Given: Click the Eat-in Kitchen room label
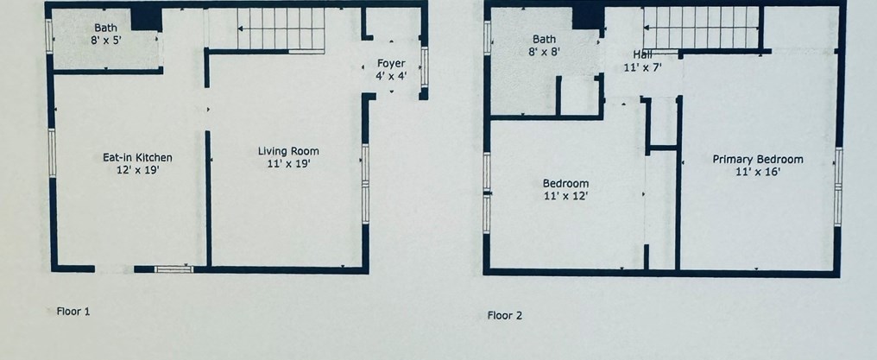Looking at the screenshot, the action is pos(137,158).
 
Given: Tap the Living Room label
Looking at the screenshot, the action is pos(288,151).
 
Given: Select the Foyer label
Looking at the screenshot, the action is pos(391,63).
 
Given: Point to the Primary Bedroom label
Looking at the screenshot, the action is pos(757,160).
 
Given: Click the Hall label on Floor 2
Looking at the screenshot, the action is pos(642,54).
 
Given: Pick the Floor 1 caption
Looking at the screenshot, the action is pos(73,312).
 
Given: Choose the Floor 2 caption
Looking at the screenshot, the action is pos(504,315).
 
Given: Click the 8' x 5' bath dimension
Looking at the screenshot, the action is pos(105,41).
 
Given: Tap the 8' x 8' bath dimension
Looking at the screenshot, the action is pos(544,52).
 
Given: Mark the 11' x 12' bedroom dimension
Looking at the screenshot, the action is pos(565,196).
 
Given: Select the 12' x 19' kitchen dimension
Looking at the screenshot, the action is pos(137,170).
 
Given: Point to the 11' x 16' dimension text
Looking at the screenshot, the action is pos(758,172).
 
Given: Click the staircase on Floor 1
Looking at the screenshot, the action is pos(281,28).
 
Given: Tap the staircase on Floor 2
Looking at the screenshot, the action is pos(702,28).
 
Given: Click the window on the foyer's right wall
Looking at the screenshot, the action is pos(425,67).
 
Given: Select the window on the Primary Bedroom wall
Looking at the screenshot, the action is pos(838,186).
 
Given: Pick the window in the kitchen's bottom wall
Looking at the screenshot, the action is pos(174,269).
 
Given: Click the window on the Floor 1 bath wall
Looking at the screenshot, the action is pos(49,36).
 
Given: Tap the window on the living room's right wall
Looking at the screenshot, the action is pos(365,184).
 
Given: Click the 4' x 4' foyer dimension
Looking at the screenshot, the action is pos(391,75).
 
